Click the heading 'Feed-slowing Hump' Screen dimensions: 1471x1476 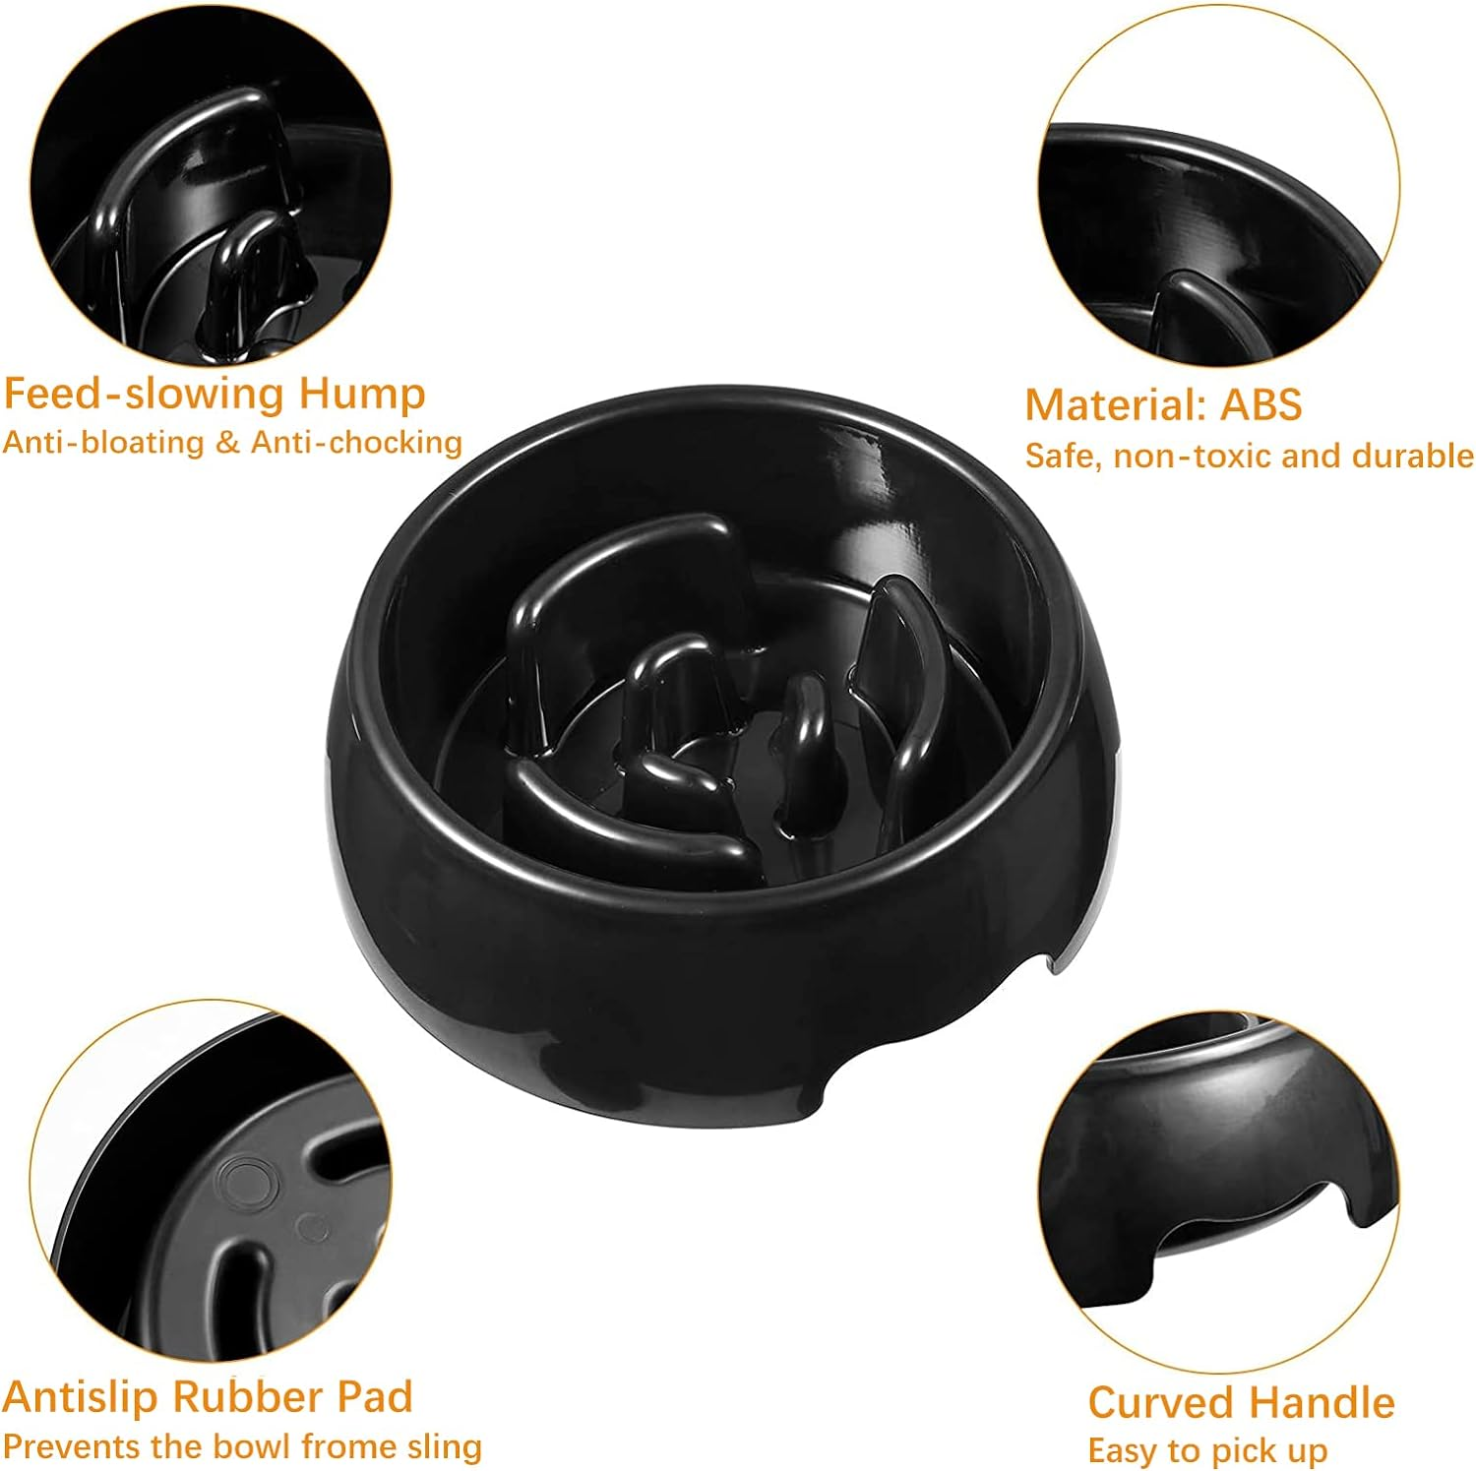click(214, 394)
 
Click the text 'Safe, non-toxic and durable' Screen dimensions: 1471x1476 click(1249, 456)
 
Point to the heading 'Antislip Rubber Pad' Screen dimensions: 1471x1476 click(207, 1397)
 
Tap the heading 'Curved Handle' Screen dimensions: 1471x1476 click(1241, 1403)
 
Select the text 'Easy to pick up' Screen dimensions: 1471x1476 click(1207, 1450)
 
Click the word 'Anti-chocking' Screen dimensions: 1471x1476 click(356, 443)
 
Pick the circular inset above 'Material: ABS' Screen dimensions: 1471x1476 click(1217, 187)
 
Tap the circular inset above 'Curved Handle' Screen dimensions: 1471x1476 click(1217, 1191)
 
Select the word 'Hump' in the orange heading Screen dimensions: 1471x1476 click(361, 394)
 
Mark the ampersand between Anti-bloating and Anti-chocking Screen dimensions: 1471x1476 click(227, 443)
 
